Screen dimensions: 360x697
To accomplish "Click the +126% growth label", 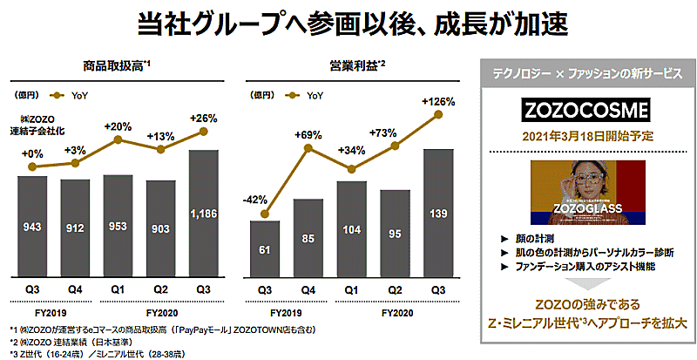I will tap(438, 102).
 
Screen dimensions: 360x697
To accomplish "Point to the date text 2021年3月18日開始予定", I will tap(583, 137).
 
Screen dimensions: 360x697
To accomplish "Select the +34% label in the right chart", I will tap(352, 149).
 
